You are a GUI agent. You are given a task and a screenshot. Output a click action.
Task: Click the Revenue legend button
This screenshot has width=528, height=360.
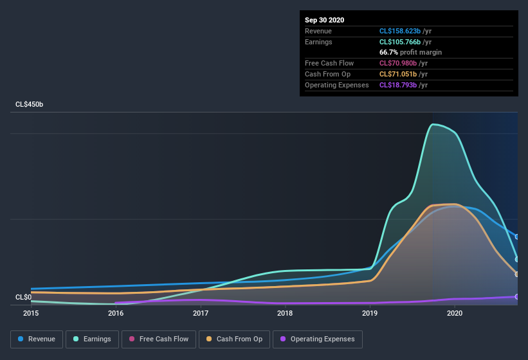pyautogui.click(x=37, y=339)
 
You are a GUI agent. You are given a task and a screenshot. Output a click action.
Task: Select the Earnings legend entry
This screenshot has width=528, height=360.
pyautogui.click(x=93, y=339)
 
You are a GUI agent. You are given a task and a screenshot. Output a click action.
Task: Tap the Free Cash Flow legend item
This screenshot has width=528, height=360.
pyautogui.click(x=159, y=339)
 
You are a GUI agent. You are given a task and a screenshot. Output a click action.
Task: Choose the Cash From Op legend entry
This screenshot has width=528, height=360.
pyautogui.click(x=234, y=339)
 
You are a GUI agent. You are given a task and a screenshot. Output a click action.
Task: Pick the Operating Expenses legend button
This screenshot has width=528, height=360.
pyautogui.click(x=317, y=339)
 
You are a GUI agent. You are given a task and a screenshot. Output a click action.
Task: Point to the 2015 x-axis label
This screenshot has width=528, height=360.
pyautogui.click(x=31, y=314)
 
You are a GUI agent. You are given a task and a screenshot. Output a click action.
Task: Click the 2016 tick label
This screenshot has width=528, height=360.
pyautogui.click(x=116, y=314)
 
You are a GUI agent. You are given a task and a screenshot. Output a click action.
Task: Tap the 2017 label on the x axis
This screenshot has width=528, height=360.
pyautogui.click(x=201, y=314)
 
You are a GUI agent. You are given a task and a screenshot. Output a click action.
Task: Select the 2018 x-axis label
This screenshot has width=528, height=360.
pyautogui.click(x=285, y=314)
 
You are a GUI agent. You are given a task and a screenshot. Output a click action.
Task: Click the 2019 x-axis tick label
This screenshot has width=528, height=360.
pyautogui.click(x=370, y=314)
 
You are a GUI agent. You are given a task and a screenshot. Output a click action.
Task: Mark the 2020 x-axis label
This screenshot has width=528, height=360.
pyautogui.click(x=454, y=314)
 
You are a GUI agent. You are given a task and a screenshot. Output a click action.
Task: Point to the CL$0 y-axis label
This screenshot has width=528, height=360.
pyautogui.click(x=23, y=297)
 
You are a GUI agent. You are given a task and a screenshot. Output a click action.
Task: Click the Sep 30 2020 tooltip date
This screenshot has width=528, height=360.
pyautogui.click(x=325, y=20)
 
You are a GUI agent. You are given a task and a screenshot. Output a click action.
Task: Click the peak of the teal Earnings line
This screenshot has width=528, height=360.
pyautogui.click(x=435, y=124)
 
